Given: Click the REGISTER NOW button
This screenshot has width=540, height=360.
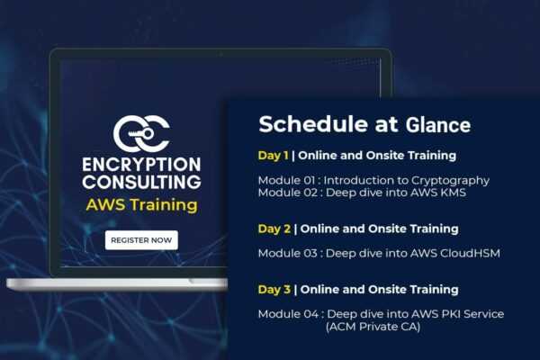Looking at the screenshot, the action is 141,240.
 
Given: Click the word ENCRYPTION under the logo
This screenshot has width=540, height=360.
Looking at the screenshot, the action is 141,165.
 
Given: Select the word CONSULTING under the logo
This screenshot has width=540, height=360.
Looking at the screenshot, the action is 141,182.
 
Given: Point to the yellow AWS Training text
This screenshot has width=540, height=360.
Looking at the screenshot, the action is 142,205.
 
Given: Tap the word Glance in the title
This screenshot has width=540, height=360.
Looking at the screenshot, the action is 438,125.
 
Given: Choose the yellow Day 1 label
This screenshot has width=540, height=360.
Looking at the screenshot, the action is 273,156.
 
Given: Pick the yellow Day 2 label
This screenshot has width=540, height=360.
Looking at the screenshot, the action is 274,229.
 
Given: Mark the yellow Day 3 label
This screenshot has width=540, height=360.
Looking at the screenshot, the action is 274,290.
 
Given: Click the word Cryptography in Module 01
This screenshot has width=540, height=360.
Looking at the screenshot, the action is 451,181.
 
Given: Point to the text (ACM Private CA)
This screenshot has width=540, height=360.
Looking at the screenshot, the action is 373,327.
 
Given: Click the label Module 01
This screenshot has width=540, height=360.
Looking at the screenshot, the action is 286,180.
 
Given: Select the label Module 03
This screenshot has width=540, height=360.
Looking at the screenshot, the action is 288,253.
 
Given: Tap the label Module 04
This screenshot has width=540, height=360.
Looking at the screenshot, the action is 288,314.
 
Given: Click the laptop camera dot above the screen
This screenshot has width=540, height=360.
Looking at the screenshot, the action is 220,54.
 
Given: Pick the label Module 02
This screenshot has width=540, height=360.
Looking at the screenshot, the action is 288,193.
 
